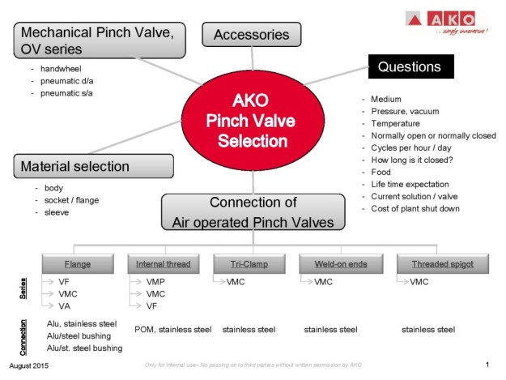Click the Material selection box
coord(93,166)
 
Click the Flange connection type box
coord(77,263)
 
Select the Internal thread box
coord(163,263)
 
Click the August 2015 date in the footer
coord(31,366)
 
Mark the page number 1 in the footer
coord(487,365)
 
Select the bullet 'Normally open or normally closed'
coord(433,135)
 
